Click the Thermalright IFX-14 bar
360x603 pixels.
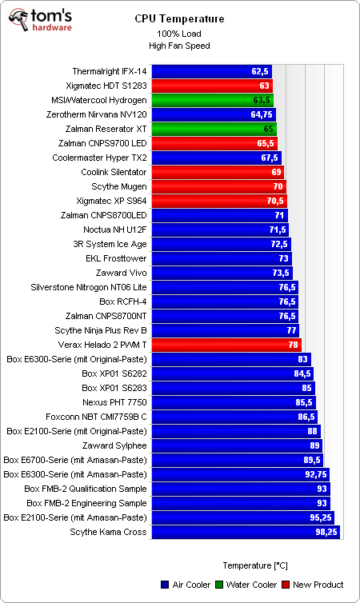[x=211, y=71]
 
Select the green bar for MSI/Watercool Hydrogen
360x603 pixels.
[x=213, y=100]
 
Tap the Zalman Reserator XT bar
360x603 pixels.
[x=214, y=129]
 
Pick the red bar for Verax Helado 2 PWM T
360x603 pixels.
[x=226, y=345]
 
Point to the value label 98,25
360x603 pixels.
[x=326, y=532]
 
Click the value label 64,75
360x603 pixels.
[x=263, y=114]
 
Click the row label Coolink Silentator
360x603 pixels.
[x=114, y=172]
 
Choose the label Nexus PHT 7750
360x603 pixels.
[x=114, y=402]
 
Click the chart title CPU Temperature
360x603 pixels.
[x=179, y=18]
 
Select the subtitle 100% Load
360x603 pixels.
[x=179, y=34]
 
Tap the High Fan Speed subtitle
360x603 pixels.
[x=179, y=46]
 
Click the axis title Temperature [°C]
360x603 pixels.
[x=255, y=565]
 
